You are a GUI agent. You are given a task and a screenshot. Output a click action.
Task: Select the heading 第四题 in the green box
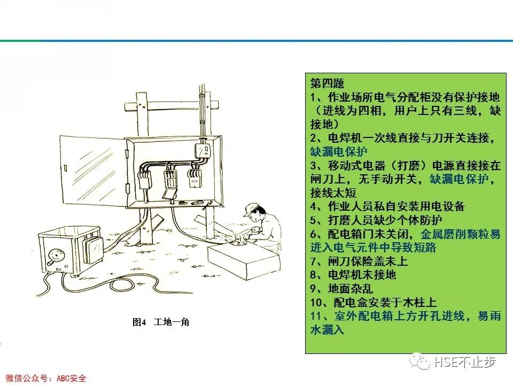[x=327, y=84]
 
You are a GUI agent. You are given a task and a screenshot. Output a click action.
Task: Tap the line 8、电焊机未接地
[x=353, y=275]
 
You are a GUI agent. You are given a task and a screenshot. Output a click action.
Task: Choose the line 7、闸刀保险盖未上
[x=359, y=261]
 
